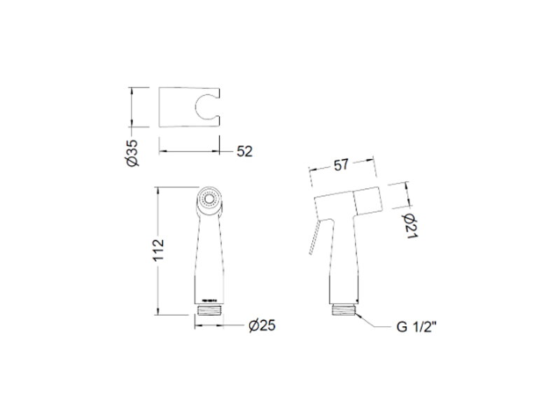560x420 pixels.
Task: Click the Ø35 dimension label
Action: click(132, 153)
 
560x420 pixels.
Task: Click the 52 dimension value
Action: click(244, 151)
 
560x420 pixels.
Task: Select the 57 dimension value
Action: click(341, 165)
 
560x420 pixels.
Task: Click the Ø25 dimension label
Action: click(262, 325)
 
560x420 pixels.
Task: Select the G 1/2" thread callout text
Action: click(416, 327)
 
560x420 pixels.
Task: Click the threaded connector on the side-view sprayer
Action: click(344, 309)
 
